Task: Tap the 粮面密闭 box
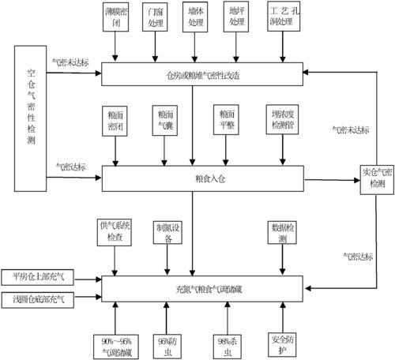[x=116, y=119]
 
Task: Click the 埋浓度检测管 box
[x=283, y=119]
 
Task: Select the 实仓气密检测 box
[x=373, y=178]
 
